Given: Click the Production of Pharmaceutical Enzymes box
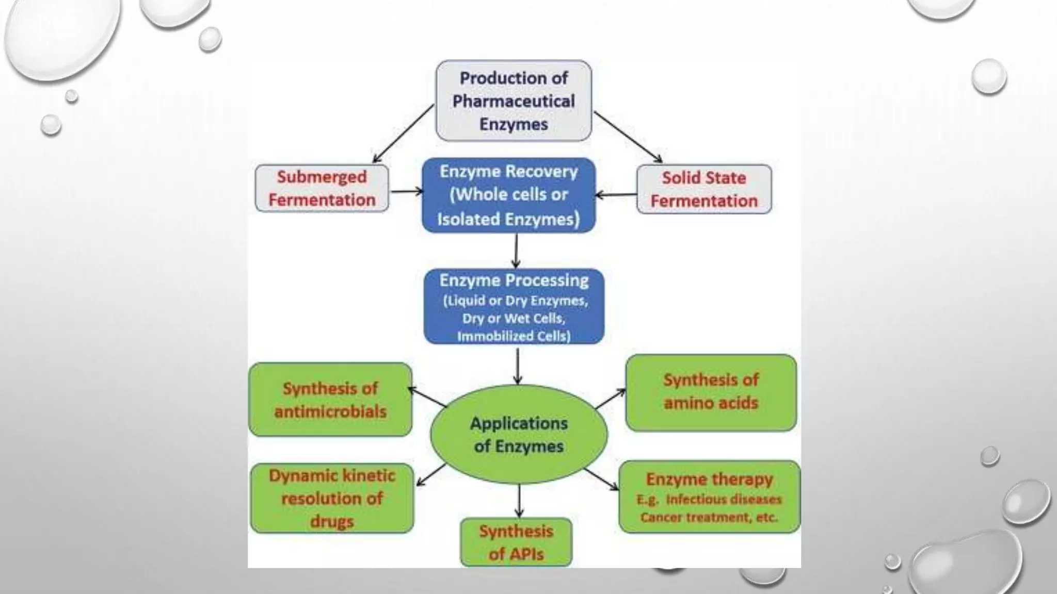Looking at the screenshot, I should click(x=514, y=101).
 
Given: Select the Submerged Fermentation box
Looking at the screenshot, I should click(x=322, y=188).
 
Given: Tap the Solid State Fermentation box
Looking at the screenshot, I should click(x=704, y=189).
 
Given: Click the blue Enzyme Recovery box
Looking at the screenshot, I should click(x=508, y=195).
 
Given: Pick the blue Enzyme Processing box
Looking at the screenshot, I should click(x=514, y=306).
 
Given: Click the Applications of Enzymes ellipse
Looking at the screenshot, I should click(x=519, y=434).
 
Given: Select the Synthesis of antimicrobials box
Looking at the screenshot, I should click(x=330, y=400).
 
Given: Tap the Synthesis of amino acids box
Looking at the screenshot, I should click(x=711, y=392).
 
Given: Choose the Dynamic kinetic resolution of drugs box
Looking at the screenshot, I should click(x=332, y=498).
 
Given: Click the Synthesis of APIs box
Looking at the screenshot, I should click(x=516, y=542).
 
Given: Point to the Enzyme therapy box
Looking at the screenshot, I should click(x=709, y=497).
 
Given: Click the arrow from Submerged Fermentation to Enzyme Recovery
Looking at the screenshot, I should click(x=406, y=192).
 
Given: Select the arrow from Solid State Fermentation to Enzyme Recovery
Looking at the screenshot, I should click(x=616, y=195).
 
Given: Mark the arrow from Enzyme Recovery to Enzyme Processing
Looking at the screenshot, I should click(x=516, y=251).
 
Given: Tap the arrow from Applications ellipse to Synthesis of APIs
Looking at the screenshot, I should click(x=519, y=500).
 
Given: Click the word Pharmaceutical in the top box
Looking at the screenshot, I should click(x=514, y=101).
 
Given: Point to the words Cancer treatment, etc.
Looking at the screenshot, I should click(x=709, y=517).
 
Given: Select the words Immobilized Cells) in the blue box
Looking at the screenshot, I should click(x=514, y=336).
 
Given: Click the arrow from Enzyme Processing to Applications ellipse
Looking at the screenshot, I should click(x=518, y=366).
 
